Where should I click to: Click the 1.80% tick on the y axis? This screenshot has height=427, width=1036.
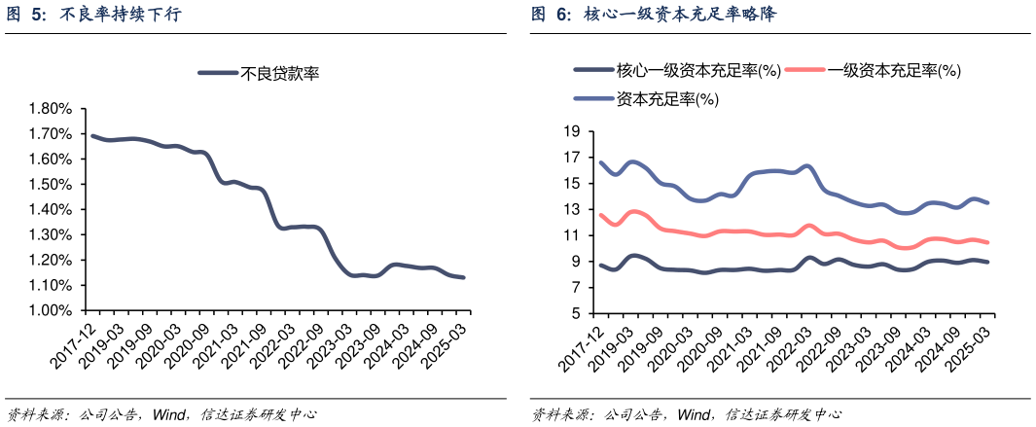click(50, 108)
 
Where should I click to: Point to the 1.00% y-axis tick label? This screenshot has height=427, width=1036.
click(50, 310)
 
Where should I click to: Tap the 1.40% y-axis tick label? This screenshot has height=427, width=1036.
click(50, 209)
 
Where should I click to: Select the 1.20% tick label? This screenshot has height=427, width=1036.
click(50, 260)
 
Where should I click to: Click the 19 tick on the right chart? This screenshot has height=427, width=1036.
click(572, 130)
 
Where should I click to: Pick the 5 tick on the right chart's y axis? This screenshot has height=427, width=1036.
click(576, 313)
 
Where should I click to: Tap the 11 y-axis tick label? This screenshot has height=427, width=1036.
click(572, 235)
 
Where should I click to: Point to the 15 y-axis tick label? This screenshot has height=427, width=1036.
click(572, 183)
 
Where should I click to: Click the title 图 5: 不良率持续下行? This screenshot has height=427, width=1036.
click(92, 15)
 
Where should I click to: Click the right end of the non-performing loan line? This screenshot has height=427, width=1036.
click(463, 277)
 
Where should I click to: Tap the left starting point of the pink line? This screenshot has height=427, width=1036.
click(601, 215)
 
